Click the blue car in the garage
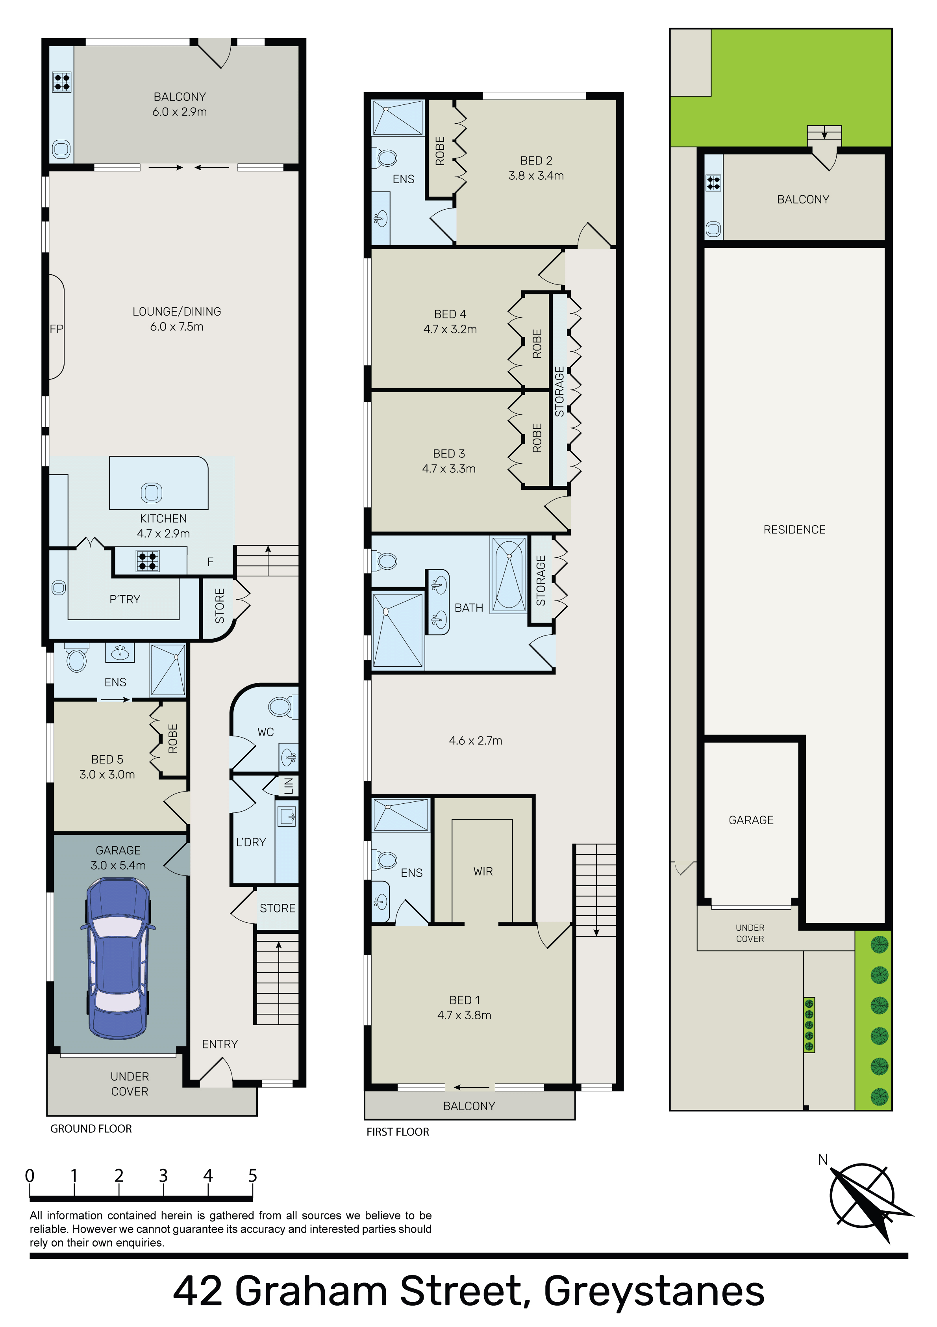118,958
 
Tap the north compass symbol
865,1201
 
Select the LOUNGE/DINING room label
177,312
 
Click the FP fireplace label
57,329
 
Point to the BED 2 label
536,161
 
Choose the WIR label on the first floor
483,871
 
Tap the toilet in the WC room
283,706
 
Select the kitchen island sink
151,493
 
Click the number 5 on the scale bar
252,1176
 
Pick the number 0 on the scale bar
30,1176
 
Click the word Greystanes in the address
654,1291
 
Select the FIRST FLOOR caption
398,1132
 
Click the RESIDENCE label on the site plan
794,530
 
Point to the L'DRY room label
251,842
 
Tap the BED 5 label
107,760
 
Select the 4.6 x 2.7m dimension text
476,740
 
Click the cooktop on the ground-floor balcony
61,82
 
